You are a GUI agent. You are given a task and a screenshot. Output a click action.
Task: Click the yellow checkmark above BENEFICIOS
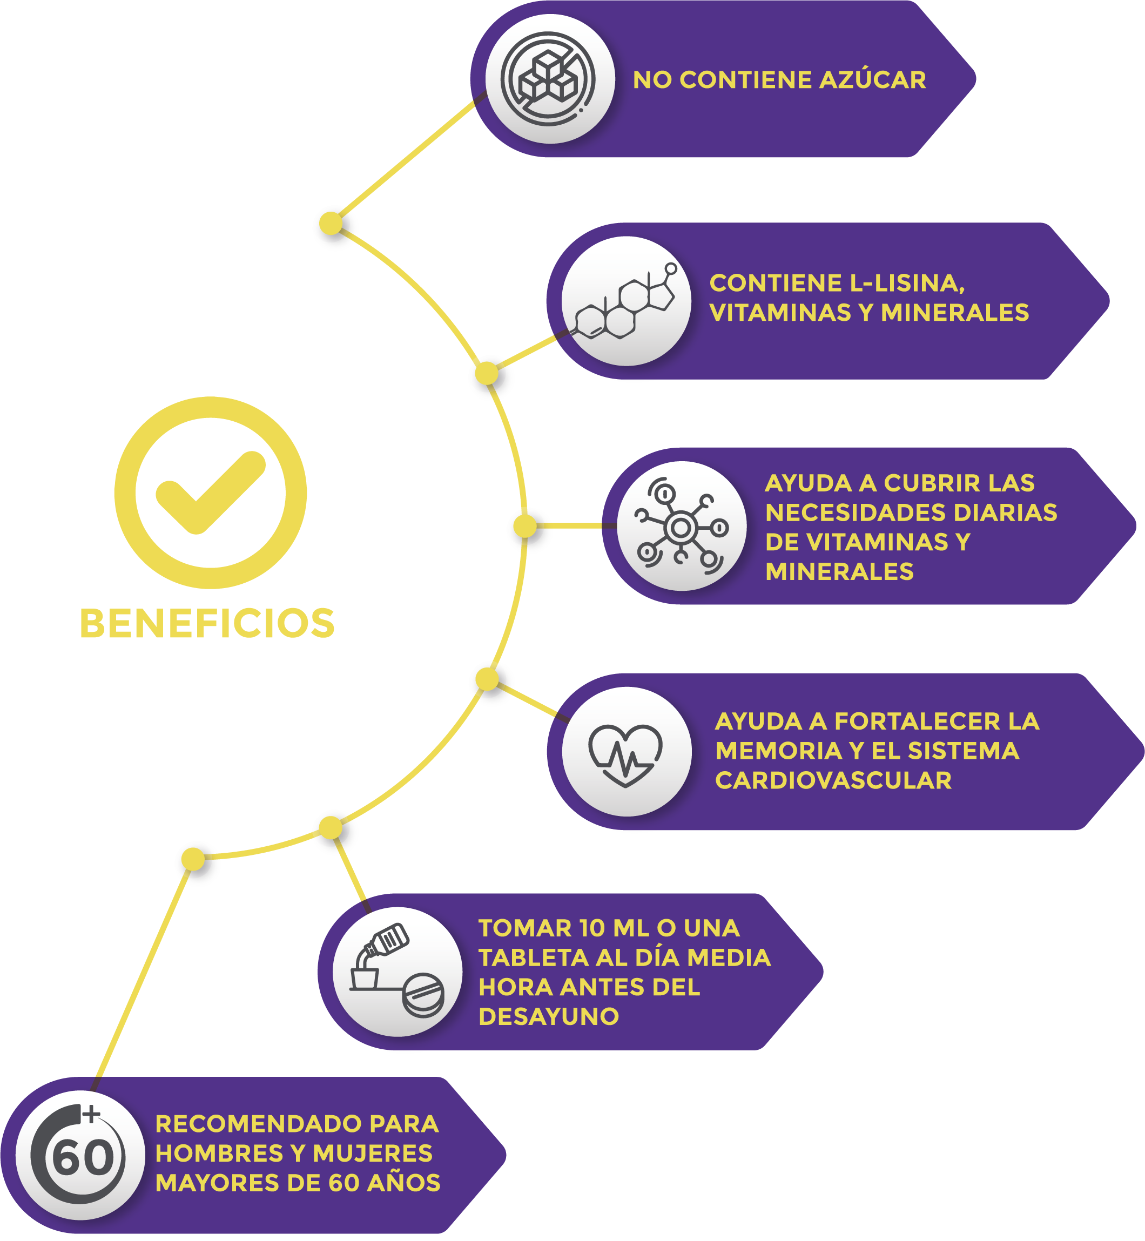click(x=211, y=493)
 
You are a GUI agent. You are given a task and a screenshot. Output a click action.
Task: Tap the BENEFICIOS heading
click(x=207, y=623)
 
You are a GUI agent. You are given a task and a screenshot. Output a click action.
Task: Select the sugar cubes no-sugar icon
click(x=548, y=79)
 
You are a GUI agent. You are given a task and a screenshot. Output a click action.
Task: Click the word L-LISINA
click(x=907, y=283)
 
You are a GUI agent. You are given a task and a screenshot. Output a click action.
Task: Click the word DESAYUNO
click(x=549, y=1016)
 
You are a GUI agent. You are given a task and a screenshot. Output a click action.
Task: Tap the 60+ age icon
click(x=79, y=1154)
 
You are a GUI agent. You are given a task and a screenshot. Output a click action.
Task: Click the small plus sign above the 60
click(x=92, y=1114)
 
